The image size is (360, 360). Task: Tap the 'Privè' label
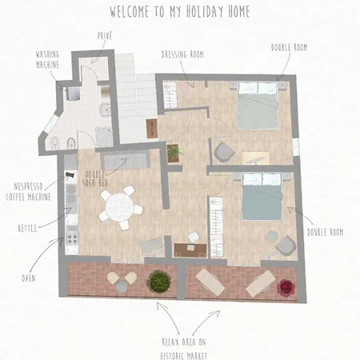click(105, 35)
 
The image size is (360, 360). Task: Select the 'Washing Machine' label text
click(47, 60)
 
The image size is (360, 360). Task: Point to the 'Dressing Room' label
click(181, 54)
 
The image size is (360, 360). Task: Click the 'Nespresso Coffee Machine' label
click(28, 190)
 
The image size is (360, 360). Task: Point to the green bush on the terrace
click(159, 281)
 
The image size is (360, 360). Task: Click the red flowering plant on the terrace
click(285, 286)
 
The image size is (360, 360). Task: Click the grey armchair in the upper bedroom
click(222, 152)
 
